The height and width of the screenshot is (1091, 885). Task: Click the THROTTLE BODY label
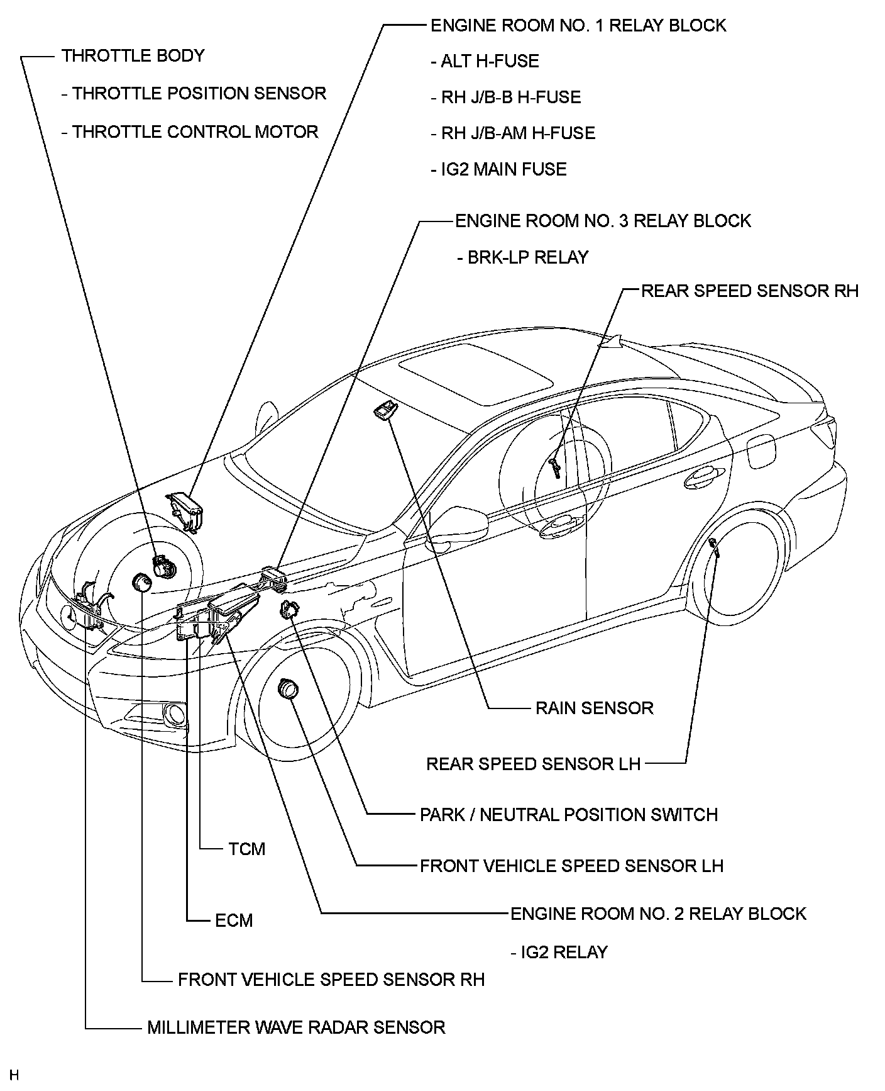[x=133, y=55]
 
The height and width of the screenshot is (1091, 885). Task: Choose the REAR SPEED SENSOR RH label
[x=749, y=291]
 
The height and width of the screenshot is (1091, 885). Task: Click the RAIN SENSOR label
[x=594, y=708]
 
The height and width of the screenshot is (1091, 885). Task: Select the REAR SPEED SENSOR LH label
[x=533, y=764]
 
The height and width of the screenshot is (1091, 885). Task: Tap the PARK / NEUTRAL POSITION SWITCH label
[x=568, y=815]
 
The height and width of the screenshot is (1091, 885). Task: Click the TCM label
[x=247, y=849]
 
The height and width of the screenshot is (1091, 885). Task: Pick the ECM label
[x=234, y=920]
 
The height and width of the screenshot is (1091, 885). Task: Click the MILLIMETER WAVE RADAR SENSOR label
[x=296, y=1027]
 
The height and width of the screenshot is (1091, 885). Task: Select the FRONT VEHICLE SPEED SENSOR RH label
[x=331, y=980]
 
